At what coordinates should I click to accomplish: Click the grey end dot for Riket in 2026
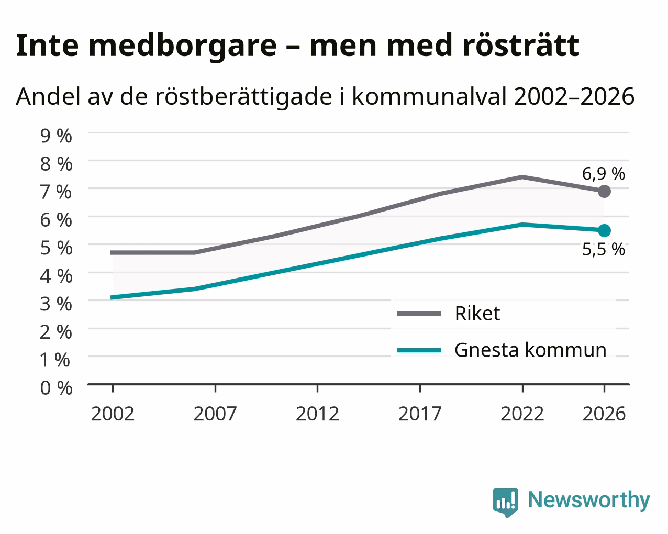604,191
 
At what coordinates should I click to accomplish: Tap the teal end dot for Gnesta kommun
604,230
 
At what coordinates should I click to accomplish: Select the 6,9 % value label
603,174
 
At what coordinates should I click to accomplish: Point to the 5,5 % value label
603,249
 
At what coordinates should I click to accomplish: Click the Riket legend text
477,313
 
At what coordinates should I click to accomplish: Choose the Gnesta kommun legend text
530,350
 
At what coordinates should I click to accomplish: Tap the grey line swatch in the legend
419,314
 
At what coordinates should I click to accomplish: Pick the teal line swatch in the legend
419,351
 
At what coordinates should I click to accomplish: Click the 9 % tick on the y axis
56,136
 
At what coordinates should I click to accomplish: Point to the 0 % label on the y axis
56,388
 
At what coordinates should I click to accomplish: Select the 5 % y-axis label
56,248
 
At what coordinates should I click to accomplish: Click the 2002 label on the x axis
113,414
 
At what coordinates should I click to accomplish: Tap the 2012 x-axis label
317,414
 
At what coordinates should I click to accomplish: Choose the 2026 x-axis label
604,414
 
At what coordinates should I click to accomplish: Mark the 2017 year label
420,414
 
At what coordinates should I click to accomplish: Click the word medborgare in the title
183,46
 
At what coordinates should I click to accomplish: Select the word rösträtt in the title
520,46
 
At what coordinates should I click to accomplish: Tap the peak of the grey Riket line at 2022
522,177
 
